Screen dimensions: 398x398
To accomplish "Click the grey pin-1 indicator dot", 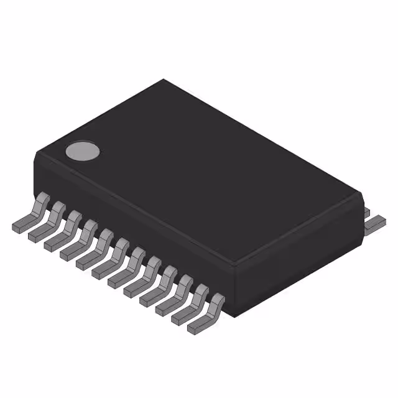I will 83,151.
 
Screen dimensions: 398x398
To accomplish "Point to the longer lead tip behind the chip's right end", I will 376,223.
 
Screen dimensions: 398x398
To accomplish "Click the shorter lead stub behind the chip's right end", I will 366,212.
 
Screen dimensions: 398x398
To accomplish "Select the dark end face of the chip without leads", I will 298,261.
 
